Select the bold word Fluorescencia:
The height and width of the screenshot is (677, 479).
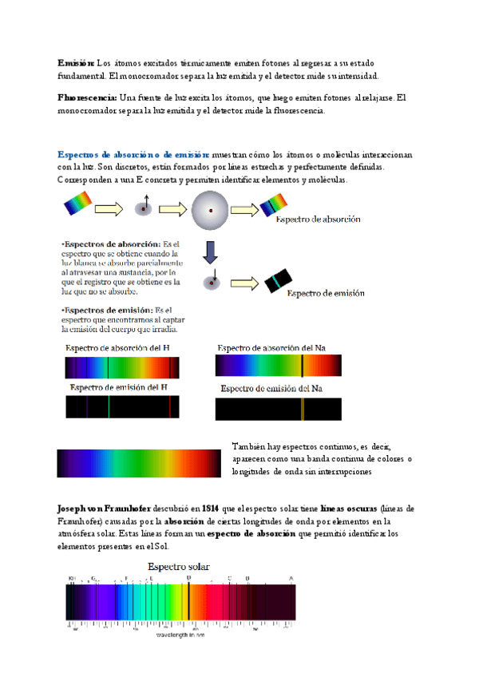pyautogui.click(x=87, y=97)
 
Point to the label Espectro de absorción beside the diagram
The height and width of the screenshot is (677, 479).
pyautogui.click(x=318, y=219)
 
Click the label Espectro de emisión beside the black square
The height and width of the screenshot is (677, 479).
pyautogui.click(x=326, y=293)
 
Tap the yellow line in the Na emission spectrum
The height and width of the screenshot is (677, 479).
pyautogui.click(x=303, y=409)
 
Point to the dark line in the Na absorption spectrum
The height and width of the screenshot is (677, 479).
pyautogui.click(x=302, y=366)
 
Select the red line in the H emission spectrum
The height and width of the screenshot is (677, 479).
pyautogui.click(x=169, y=407)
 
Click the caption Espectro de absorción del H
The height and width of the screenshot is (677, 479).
pyautogui.click(x=117, y=348)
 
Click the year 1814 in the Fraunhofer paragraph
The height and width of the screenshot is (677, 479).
pyautogui.click(x=211, y=509)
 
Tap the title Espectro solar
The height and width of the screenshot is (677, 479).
pyautogui.click(x=178, y=566)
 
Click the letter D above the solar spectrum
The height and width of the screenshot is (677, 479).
pyautogui.click(x=188, y=577)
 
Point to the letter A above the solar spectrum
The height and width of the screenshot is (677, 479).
pyautogui.click(x=291, y=577)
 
